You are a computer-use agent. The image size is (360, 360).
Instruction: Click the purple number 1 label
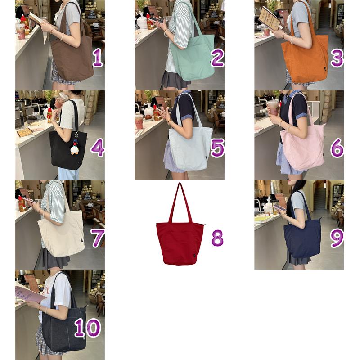(x=97, y=58)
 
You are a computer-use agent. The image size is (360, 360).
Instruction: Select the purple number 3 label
(x=337, y=58)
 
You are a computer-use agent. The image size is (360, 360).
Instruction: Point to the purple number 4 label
(x=98, y=148)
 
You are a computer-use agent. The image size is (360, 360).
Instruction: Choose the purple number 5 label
(x=217, y=148)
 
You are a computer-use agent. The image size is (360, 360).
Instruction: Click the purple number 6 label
(x=337, y=148)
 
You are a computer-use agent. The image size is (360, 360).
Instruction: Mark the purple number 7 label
(x=98, y=238)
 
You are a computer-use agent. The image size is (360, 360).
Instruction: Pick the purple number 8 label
(x=217, y=238)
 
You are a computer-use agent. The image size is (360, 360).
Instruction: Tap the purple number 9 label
(x=337, y=238)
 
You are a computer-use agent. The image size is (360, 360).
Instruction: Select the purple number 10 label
(x=88, y=328)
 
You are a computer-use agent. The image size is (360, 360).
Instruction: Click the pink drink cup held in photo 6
(x=273, y=108)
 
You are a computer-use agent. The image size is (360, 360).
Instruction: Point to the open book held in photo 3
(x=270, y=18)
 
